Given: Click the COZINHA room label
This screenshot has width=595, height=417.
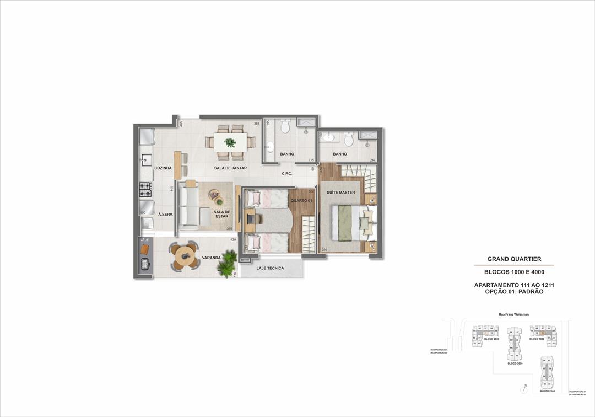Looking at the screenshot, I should [163, 168].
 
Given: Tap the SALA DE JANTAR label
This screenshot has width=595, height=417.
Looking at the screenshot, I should [230, 168].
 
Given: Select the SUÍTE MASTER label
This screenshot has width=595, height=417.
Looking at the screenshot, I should [340, 192].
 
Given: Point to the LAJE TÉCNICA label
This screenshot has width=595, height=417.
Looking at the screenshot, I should [270, 269].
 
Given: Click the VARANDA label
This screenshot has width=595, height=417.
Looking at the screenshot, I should [212, 258].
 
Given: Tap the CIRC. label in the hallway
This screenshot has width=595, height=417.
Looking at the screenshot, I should [286, 174].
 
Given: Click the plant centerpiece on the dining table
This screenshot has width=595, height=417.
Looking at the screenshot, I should [230, 142].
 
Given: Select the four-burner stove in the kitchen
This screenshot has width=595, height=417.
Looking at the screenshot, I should [145, 190].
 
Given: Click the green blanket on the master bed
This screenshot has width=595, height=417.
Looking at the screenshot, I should [345, 223].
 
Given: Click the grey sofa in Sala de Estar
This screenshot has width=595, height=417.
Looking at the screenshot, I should [188, 207].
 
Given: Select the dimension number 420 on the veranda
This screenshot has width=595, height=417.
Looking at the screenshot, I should [233, 240].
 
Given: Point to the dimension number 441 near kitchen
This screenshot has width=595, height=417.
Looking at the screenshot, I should [172, 189].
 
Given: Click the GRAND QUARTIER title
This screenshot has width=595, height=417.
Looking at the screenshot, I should [514, 259].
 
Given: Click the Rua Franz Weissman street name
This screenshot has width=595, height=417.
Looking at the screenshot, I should [513, 314].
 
